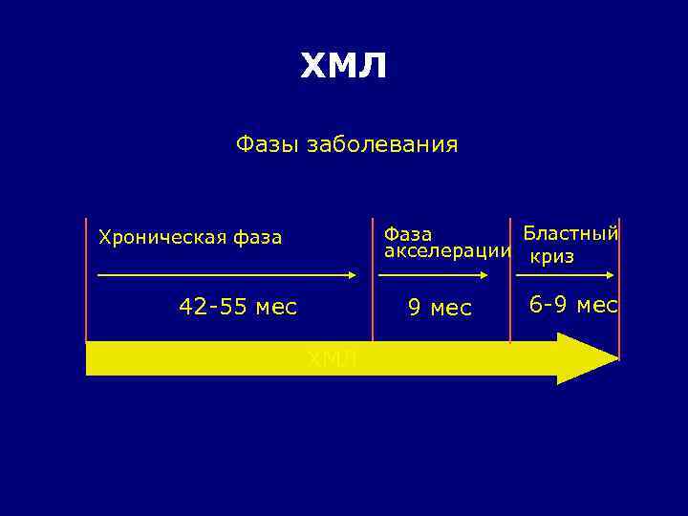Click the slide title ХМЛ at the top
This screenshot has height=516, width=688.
pyautogui.click(x=344, y=67)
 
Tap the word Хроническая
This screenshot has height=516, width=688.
pyautogui.click(x=157, y=237)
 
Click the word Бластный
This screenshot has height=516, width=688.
pyautogui.click(x=570, y=233)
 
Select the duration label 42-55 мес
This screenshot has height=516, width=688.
pyautogui.click(x=238, y=307)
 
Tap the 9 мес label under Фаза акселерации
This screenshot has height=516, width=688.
pyautogui.click(x=440, y=308)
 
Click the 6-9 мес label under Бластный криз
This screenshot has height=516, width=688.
pyautogui.click(x=573, y=305)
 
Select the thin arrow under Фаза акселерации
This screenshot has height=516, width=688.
pyautogui.click(x=435, y=275)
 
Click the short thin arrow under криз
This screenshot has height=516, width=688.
pyautogui.click(x=564, y=275)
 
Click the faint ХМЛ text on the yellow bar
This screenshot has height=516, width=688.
pyautogui.click(x=332, y=359)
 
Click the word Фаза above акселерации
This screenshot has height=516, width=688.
pyautogui.click(x=407, y=234)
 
